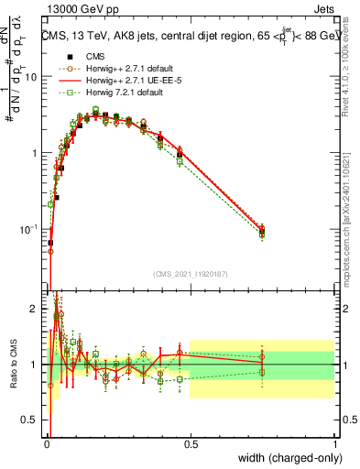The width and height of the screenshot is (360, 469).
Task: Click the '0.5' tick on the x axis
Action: [x=191, y=443]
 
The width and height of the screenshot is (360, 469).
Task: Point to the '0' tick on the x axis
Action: [x=46, y=443]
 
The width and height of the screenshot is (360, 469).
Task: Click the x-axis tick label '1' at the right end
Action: [x=335, y=443]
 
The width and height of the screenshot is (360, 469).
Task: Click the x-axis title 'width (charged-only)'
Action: [x=286, y=459]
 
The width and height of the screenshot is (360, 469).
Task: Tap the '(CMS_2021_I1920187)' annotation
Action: [x=191, y=273]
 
